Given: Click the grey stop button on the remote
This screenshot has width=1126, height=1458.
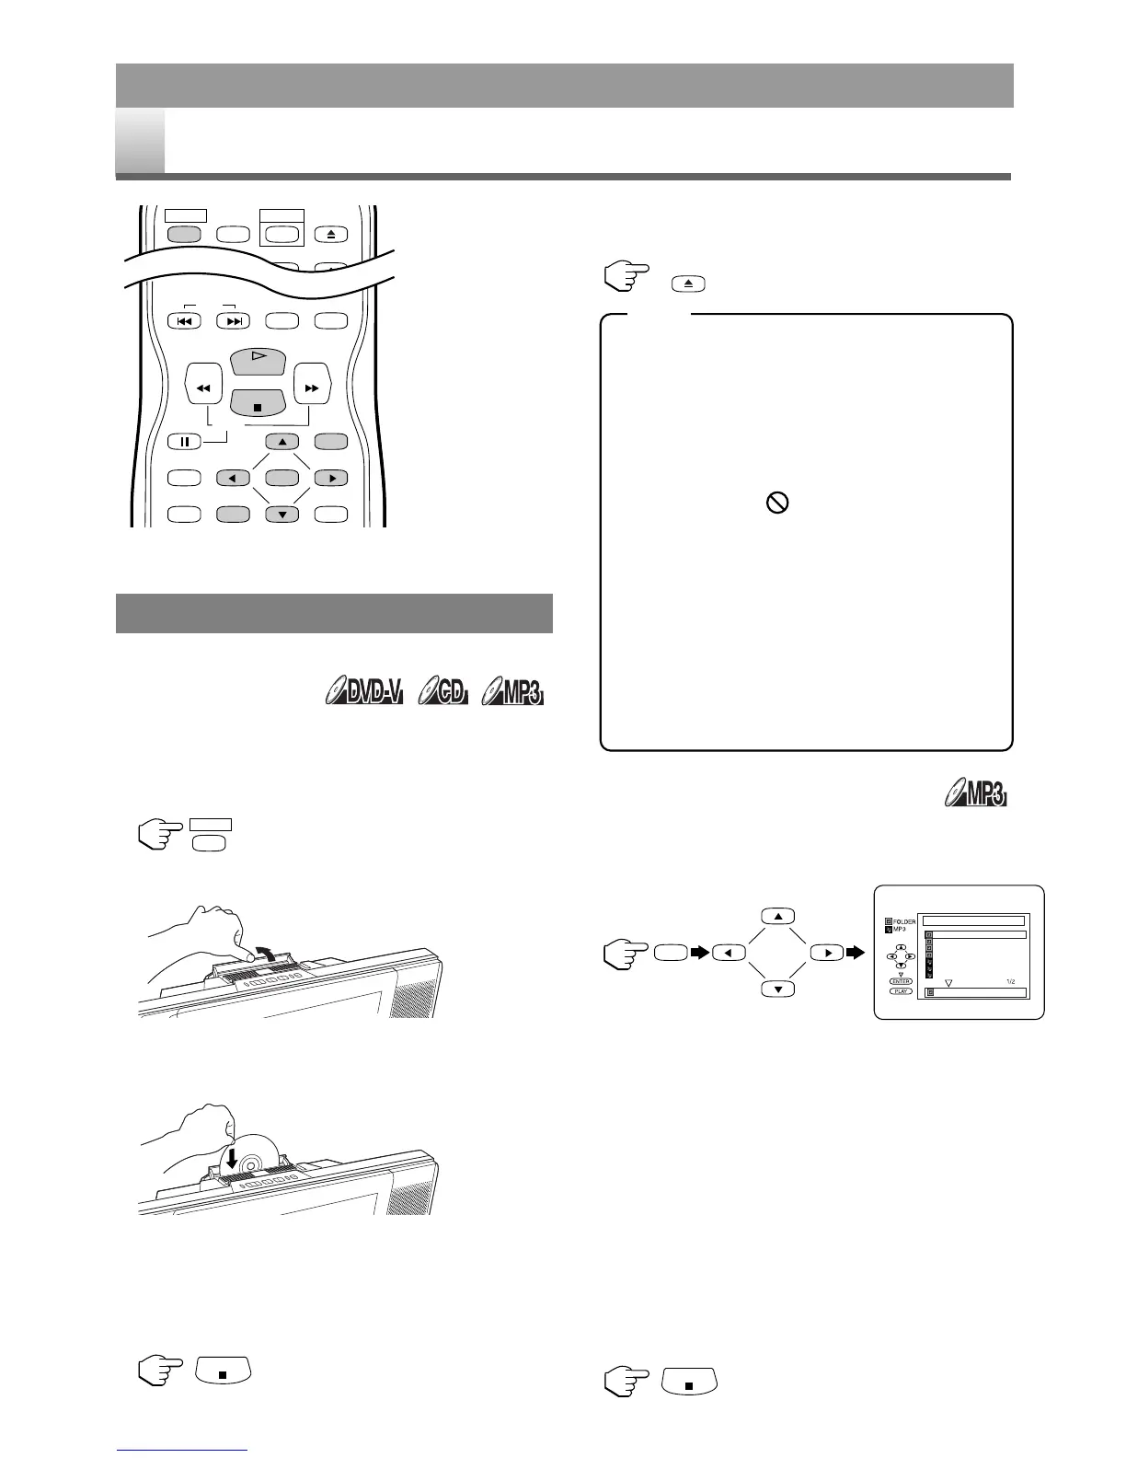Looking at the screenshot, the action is coord(259,403).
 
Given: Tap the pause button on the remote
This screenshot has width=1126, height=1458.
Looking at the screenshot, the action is coord(184,442).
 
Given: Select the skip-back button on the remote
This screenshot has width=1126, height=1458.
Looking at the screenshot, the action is coord(184,321).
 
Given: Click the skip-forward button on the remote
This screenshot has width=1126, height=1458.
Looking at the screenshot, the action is coord(234,321).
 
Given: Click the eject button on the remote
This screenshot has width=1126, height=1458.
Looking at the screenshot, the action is coord(331,234).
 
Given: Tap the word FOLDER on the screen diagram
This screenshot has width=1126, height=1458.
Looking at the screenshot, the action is coord(904,921).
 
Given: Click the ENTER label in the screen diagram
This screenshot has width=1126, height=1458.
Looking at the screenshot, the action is coord(901,981).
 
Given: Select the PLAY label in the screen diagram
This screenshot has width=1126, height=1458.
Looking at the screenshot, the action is coord(901,991).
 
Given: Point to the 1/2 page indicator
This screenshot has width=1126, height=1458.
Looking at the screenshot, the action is coord(1009,981).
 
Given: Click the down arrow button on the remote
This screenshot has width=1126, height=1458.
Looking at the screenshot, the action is coord(282,515).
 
